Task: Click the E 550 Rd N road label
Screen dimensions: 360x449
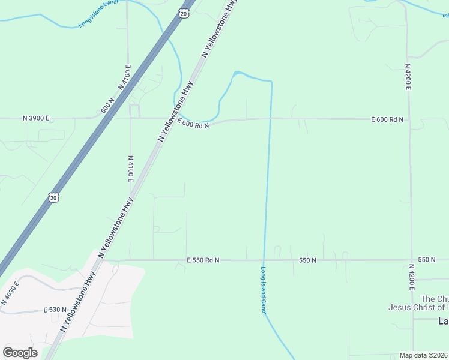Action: click(203, 260)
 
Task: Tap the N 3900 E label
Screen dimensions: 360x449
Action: click(36, 118)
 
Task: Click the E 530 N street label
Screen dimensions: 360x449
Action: click(55, 310)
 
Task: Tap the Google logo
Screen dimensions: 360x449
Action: click(20, 352)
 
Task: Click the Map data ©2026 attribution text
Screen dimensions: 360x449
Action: click(424, 355)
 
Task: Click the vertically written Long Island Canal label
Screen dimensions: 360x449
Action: click(264, 290)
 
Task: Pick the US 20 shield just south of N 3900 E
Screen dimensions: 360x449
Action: click(53, 197)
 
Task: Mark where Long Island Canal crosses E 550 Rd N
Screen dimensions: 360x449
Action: click(264, 260)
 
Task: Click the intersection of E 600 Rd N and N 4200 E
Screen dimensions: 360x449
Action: click(409, 119)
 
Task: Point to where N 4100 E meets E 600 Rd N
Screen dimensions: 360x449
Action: click(130, 118)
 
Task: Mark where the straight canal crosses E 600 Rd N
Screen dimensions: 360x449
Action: click(270, 118)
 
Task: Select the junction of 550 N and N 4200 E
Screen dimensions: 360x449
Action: click(411, 260)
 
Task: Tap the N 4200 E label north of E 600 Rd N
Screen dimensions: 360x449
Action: click(408, 76)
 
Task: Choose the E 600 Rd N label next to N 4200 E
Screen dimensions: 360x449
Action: click(387, 119)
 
